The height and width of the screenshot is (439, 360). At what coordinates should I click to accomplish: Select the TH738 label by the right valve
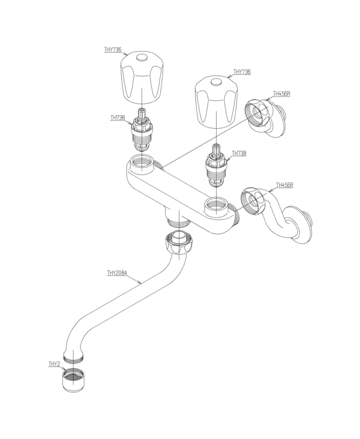[239, 154]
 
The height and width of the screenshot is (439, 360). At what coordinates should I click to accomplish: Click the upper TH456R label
[281, 94]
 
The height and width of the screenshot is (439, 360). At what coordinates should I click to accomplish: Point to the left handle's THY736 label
[112, 50]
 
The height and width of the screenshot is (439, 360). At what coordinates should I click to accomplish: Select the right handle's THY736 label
[242, 72]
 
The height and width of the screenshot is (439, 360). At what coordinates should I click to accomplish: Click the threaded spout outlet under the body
[177, 219]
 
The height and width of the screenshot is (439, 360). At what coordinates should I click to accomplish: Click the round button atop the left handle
[142, 59]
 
